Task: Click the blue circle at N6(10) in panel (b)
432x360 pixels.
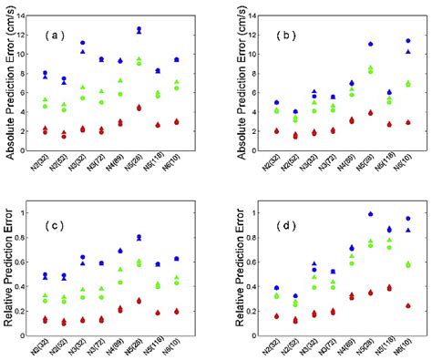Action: coord(407,41)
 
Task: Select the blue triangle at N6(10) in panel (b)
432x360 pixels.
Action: coord(407,52)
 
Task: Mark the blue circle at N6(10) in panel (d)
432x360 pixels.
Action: coord(407,219)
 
